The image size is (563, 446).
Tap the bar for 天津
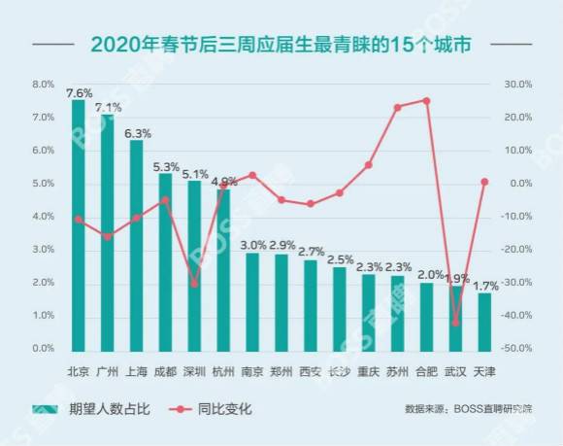tap(484, 321)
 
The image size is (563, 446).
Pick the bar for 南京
tap(252, 301)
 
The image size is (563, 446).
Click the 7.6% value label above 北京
tap(79, 93)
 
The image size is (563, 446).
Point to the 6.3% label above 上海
tap(137, 133)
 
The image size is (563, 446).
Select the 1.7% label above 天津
tap(486, 286)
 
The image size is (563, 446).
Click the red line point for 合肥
tap(426, 100)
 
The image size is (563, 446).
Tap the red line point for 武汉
tap(455, 323)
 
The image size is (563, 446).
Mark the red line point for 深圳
tap(194, 285)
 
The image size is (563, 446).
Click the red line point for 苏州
tap(397, 107)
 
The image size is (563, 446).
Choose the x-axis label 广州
tap(108, 370)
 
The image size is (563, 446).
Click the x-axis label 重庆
tap(368, 370)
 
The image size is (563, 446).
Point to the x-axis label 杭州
tap(223, 370)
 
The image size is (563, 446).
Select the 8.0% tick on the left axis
tap(43, 85)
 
